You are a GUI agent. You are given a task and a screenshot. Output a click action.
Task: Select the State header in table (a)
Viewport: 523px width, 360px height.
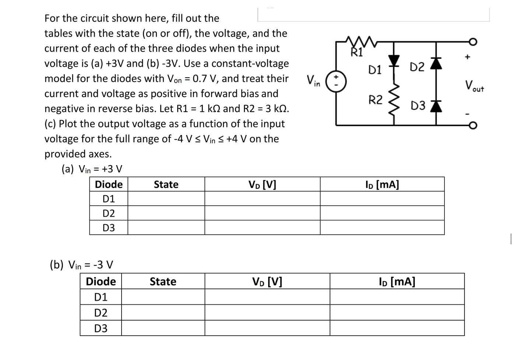166,184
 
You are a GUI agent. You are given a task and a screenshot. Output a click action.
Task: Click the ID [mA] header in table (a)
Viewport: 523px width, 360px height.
382,184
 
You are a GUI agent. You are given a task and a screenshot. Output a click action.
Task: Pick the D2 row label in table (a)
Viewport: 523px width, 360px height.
109,213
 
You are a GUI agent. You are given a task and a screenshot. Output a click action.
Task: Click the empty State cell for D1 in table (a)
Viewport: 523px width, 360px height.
166,199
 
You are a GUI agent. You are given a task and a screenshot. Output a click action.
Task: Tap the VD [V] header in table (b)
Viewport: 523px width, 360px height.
267,282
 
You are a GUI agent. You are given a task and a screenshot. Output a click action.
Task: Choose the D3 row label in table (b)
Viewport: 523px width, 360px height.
101,328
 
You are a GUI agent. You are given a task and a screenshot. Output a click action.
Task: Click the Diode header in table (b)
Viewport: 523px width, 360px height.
101,282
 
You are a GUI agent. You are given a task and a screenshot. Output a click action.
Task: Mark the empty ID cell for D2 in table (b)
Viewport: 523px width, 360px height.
397,312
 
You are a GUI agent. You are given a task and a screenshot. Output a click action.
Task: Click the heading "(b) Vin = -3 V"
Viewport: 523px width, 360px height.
81,265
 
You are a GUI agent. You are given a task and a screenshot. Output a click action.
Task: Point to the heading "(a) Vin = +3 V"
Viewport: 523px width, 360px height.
92,169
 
